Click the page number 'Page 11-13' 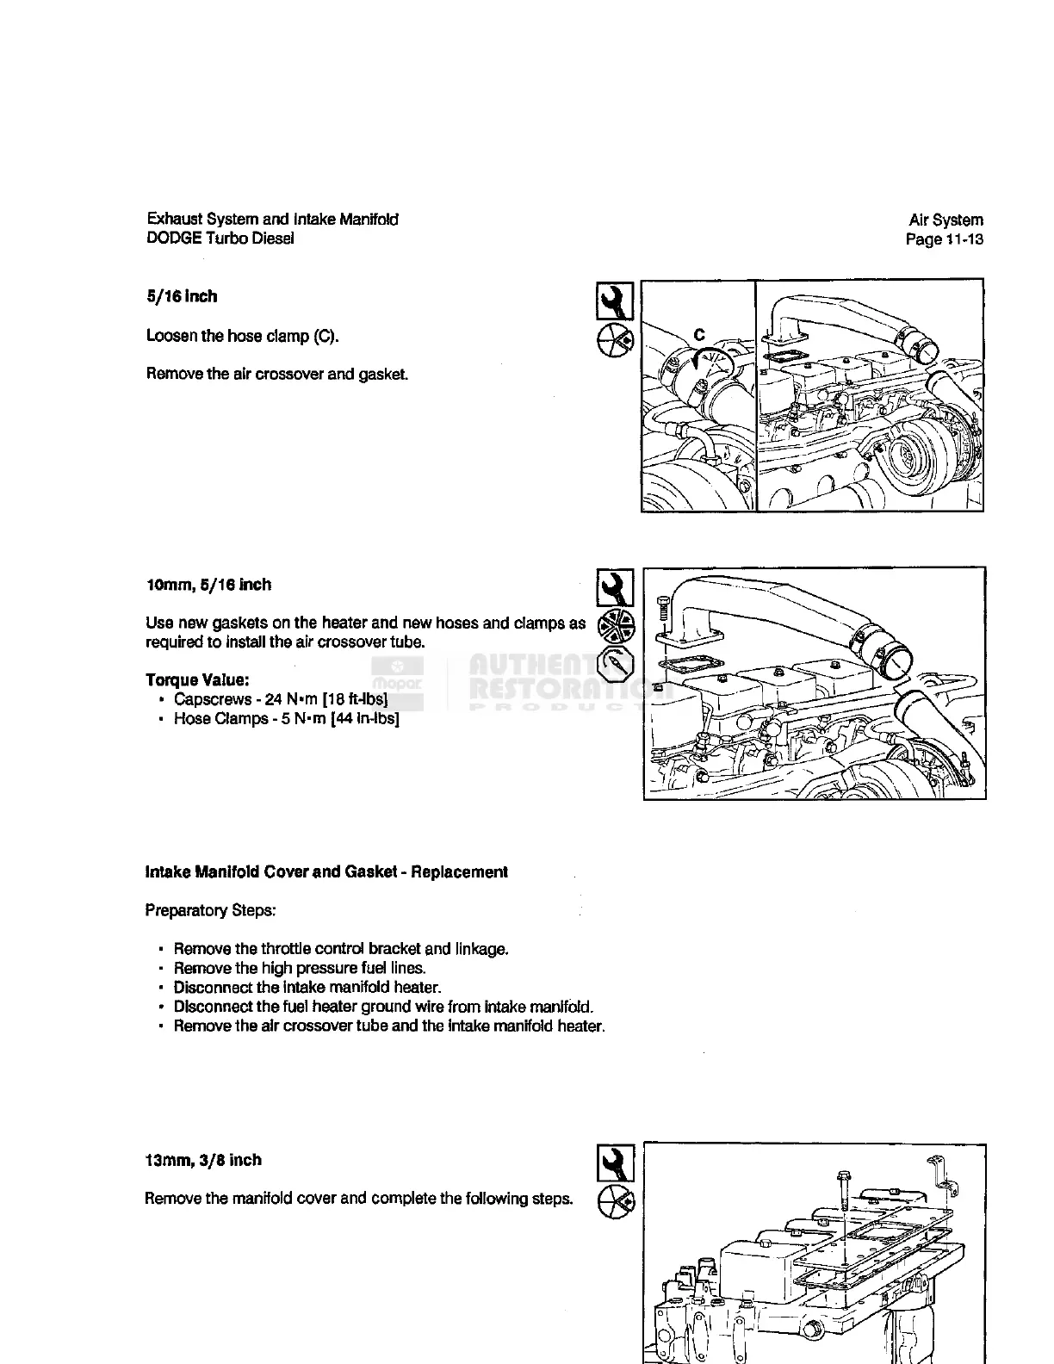(944, 239)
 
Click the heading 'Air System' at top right (945, 220)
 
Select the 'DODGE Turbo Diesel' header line (220, 239)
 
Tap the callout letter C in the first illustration (699, 335)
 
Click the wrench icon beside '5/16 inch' (615, 301)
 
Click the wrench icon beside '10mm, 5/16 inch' (615, 588)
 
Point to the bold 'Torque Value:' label (198, 679)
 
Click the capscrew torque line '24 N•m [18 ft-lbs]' (281, 699)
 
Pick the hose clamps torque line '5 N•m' (286, 719)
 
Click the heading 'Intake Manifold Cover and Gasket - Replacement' (326, 872)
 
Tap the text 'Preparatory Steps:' (210, 910)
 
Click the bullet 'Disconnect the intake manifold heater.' (307, 987)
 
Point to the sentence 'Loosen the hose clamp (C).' (242, 336)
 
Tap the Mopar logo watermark (396, 680)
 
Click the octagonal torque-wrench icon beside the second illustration (616, 664)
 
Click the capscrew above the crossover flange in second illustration (662, 608)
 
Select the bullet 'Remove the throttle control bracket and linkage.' (341, 949)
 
